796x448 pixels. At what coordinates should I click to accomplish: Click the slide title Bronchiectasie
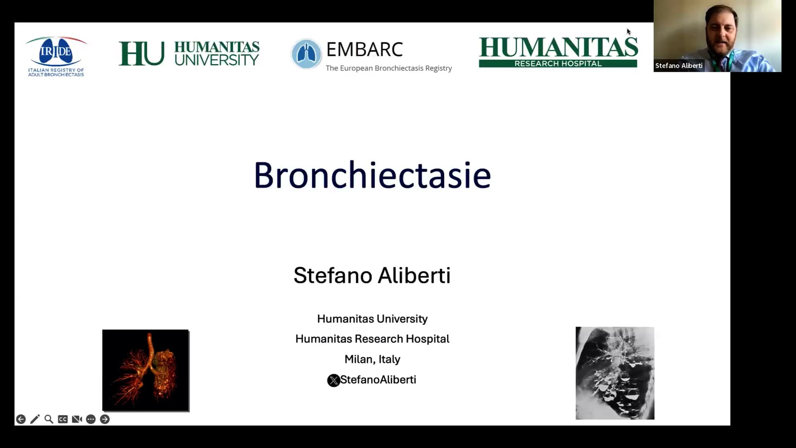click(372, 175)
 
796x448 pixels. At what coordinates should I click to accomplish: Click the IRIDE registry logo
click(56, 56)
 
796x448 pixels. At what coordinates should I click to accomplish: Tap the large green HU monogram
click(141, 54)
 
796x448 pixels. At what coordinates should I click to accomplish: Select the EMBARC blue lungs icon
click(306, 54)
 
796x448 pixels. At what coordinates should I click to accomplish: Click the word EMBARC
click(364, 49)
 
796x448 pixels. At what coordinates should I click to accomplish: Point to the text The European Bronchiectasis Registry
click(388, 68)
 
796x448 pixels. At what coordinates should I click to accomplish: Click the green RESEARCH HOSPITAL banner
click(558, 63)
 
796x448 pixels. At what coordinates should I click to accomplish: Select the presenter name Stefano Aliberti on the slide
click(372, 275)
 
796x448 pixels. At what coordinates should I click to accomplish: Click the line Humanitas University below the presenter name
click(372, 319)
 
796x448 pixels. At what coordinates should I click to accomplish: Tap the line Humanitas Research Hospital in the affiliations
click(372, 339)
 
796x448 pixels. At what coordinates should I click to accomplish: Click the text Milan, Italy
click(372, 359)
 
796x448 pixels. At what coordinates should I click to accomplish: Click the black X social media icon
click(333, 380)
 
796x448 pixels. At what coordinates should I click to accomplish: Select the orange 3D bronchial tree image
click(146, 370)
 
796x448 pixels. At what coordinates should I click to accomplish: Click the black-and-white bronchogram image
click(615, 373)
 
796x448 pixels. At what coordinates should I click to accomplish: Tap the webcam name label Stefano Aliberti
click(679, 66)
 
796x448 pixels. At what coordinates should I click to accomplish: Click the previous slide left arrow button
click(21, 419)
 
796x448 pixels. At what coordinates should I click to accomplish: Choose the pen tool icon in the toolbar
click(35, 419)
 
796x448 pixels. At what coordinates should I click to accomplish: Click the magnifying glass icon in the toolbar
click(49, 419)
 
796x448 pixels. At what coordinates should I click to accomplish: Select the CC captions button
click(63, 419)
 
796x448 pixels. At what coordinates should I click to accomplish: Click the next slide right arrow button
click(105, 419)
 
